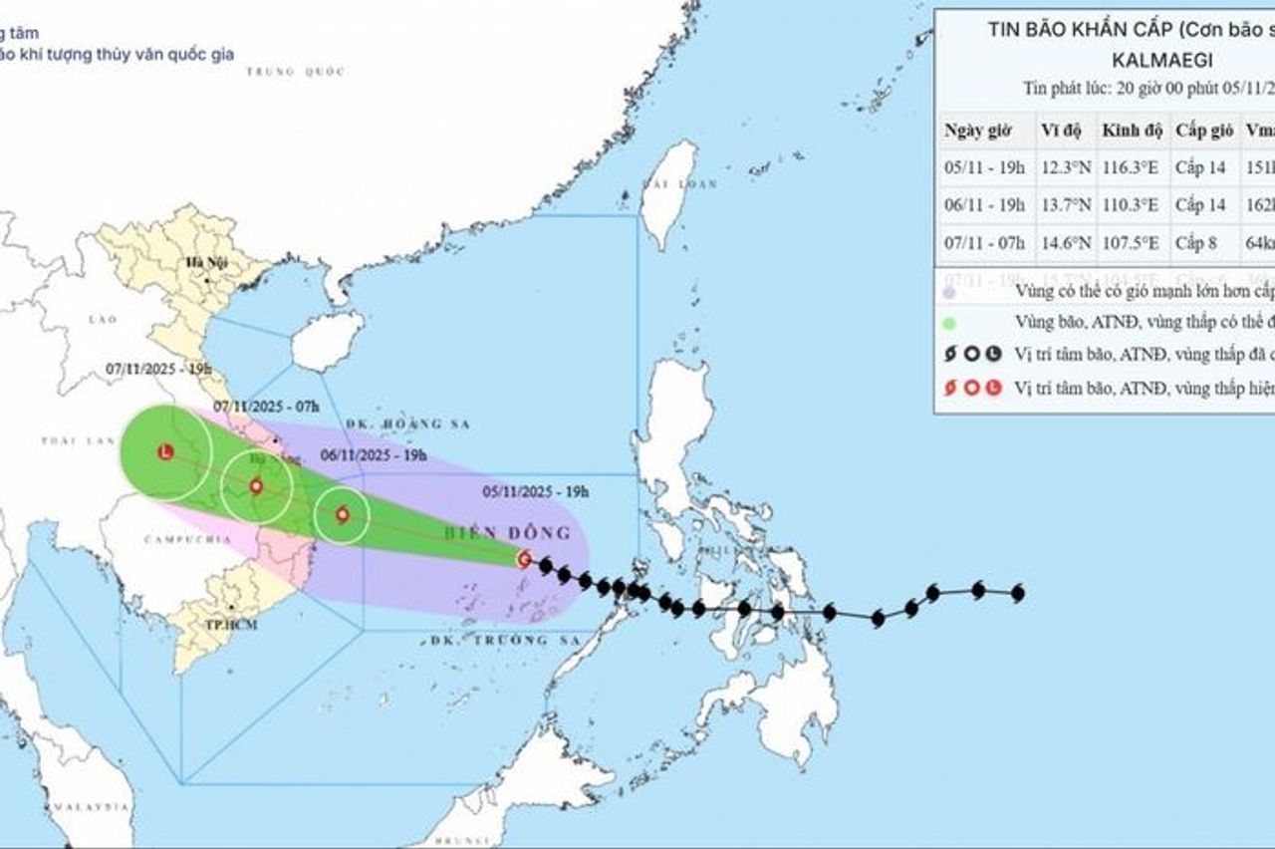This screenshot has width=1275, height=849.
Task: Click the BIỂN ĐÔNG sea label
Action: pyautogui.click(x=529, y=533)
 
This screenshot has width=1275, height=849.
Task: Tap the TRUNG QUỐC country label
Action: pyautogui.click(x=295, y=72)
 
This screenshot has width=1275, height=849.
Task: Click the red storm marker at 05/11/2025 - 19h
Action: pyautogui.click(x=524, y=559)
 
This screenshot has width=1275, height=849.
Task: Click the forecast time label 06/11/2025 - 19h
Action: pyautogui.click(x=374, y=455)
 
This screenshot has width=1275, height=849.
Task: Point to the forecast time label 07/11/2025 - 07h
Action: pyautogui.click(x=253, y=406)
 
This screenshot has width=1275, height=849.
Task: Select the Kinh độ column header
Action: pyautogui.click(x=1131, y=131)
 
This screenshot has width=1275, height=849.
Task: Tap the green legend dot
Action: pyautogui.click(x=949, y=323)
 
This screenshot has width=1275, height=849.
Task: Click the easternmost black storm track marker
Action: pyautogui.click(x=1017, y=594)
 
